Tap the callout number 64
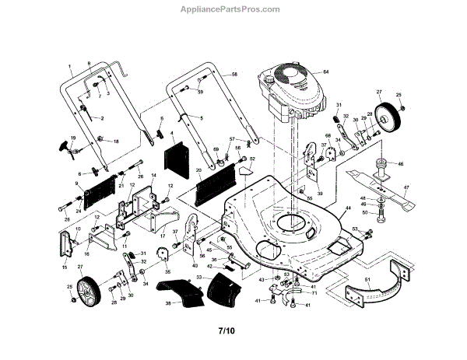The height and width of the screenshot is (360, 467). pos(326,72)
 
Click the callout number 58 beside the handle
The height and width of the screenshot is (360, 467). pos(233,73)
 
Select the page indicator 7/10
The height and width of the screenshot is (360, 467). pos(225,331)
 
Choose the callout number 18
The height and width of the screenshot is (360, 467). pos(117,142)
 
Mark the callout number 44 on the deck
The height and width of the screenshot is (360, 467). pos(347,209)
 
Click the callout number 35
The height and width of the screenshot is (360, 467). pos(167,272)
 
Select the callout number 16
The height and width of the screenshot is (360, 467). pos(86,253)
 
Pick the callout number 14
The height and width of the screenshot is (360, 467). pos(153,177)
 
